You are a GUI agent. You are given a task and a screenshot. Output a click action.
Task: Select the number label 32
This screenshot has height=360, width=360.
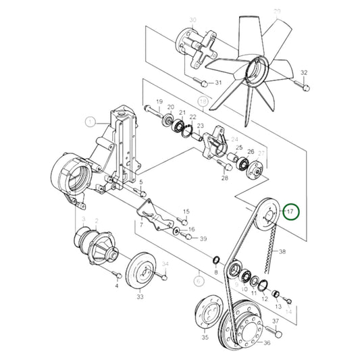point(303,73)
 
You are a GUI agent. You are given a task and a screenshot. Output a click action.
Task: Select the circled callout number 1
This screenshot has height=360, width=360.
point(91,122)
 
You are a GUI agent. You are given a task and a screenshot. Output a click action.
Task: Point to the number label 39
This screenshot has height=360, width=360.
point(203,238)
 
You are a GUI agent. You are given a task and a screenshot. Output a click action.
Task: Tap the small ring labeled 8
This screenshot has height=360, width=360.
point(216,260)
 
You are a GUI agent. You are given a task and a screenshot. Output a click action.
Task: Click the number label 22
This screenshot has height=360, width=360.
point(193,118)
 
